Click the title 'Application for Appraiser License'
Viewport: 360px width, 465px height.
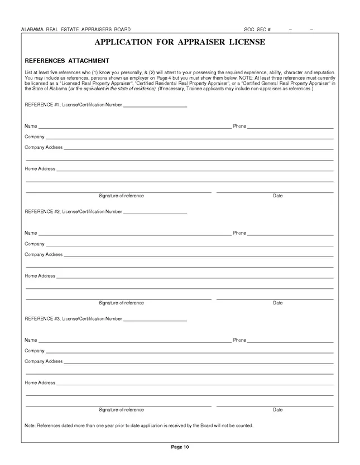point(180,42)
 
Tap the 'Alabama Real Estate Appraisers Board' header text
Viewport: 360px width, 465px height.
point(75,29)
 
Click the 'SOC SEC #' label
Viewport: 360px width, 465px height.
point(257,29)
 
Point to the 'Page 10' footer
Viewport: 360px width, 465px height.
point(180,447)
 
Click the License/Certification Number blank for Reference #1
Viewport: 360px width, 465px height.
point(155,105)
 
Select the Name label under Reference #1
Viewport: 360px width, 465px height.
point(31,127)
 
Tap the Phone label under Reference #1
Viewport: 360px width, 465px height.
point(239,127)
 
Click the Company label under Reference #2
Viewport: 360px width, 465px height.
point(34,244)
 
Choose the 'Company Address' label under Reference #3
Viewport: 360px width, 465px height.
point(44,361)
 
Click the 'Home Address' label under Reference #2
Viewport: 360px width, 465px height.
point(40,276)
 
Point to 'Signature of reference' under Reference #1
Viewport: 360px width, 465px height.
point(121,196)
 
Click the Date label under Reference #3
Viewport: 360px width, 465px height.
point(277,410)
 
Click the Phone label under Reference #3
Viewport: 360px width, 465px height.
point(239,340)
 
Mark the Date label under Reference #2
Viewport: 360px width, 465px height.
point(277,303)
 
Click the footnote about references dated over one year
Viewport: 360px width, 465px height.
point(139,426)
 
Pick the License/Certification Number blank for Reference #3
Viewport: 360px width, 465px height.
point(155,319)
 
